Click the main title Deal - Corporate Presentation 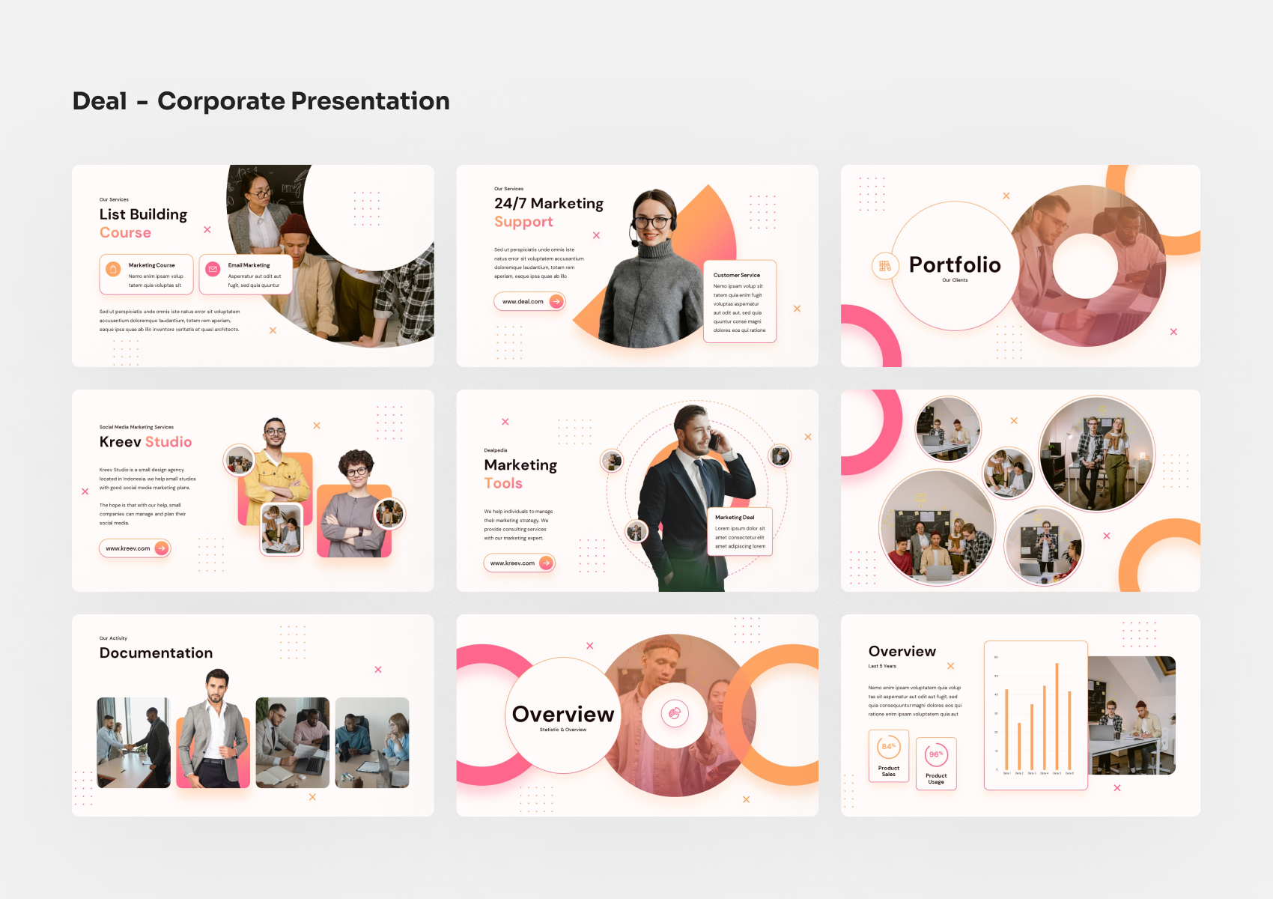coord(261,101)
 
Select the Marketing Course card coord(147,274)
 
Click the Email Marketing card coord(246,274)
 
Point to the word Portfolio coord(955,265)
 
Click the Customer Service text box coord(740,301)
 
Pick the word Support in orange coord(523,222)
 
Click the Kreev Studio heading coord(145,442)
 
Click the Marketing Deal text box coord(740,532)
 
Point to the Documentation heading coord(156,653)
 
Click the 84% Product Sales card coord(889,755)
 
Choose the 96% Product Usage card coord(936,763)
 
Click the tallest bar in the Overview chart coord(1057,716)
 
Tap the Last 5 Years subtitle coord(882,666)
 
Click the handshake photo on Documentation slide coord(134,742)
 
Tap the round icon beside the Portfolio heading coord(885,266)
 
